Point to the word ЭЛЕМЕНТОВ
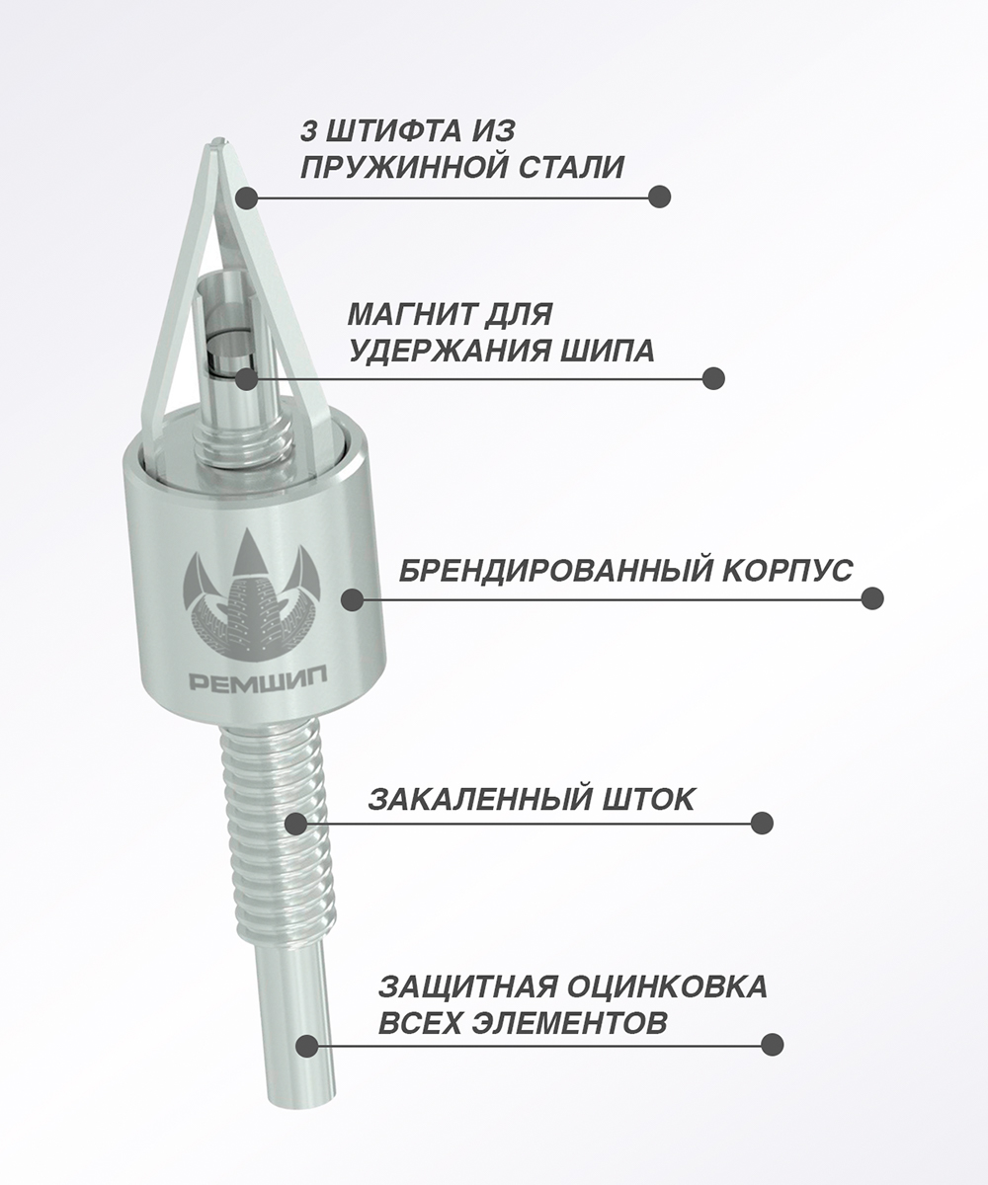pyautogui.click(x=569, y=1022)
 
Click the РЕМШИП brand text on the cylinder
pyautogui.click(x=258, y=680)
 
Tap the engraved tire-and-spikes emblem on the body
pyautogui.click(x=252, y=594)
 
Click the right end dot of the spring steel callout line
pyautogui.click(x=659, y=197)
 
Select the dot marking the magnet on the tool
pyautogui.click(x=246, y=378)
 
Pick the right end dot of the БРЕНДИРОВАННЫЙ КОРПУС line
pyautogui.click(x=872, y=598)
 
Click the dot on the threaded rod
pyautogui.click(x=295, y=824)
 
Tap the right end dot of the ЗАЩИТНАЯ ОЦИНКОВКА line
pyautogui.click(x=773, y=1044)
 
